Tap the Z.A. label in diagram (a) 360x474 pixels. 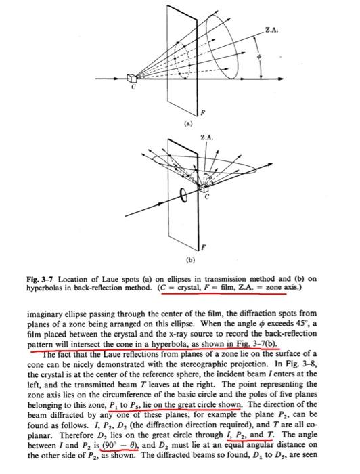point(271,30)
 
